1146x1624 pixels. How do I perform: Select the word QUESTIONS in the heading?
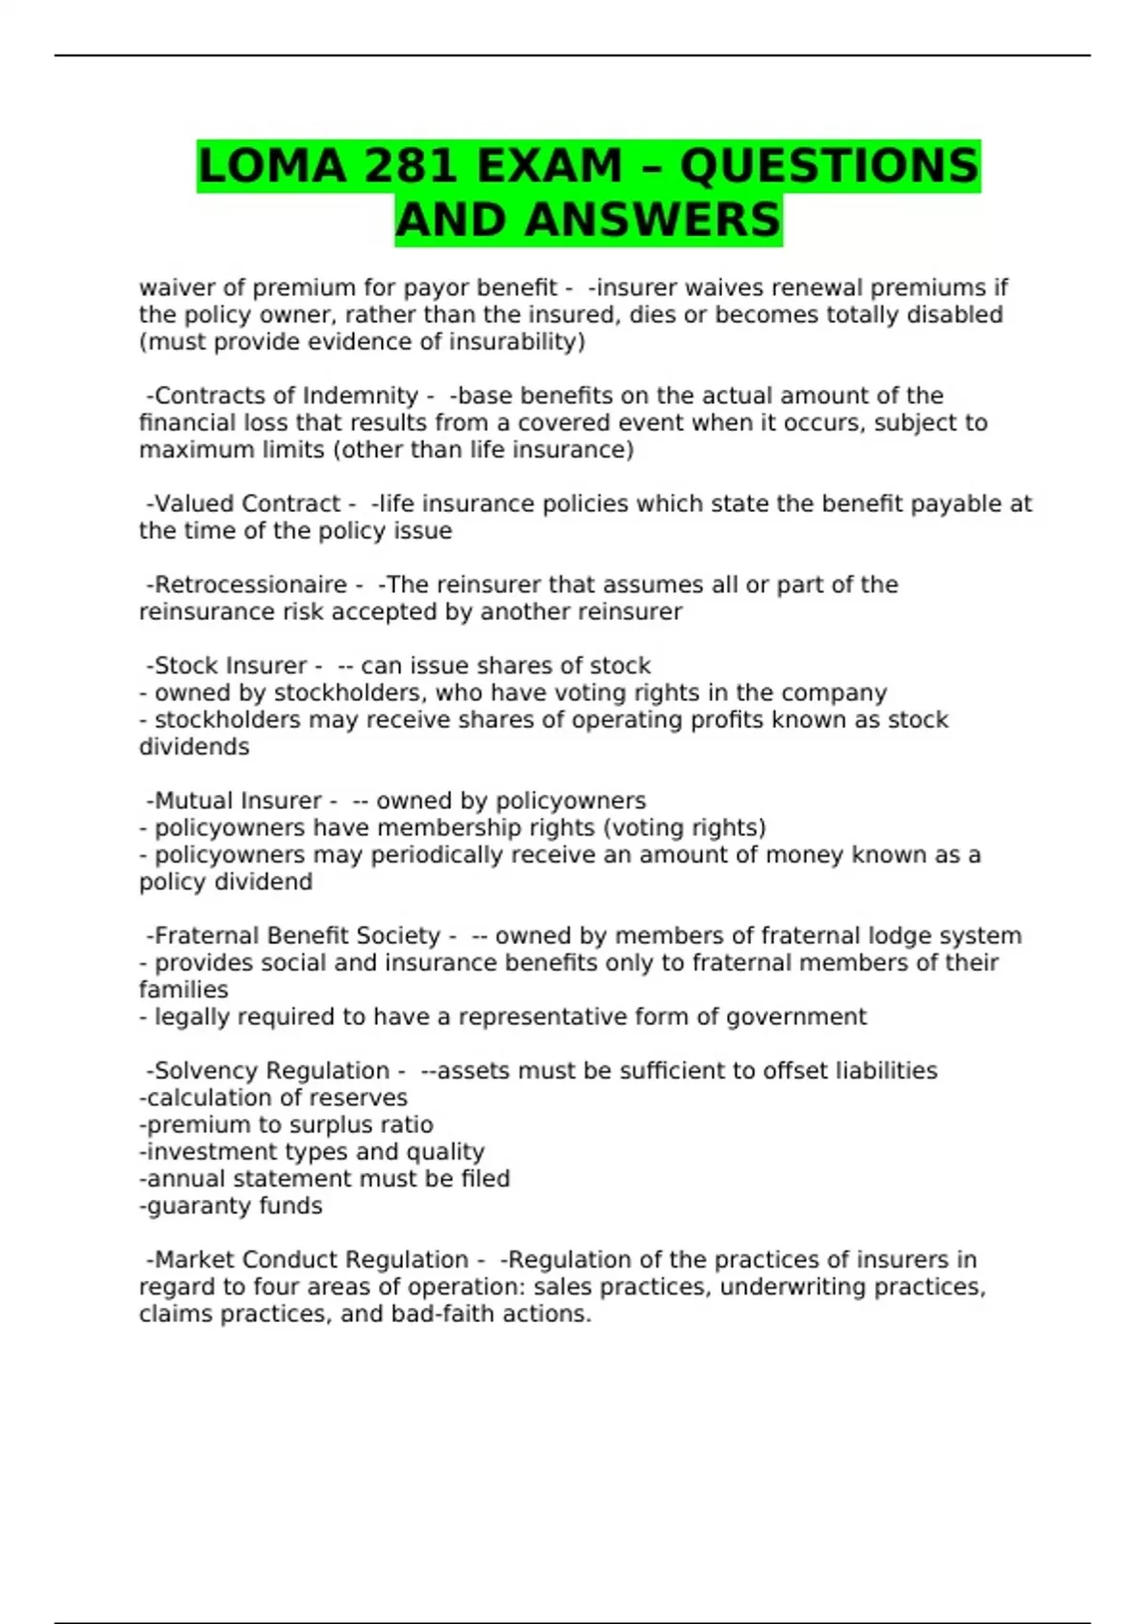(829, 166)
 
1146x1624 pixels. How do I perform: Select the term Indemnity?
(360, 395)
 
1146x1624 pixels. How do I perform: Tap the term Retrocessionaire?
(250, 585)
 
